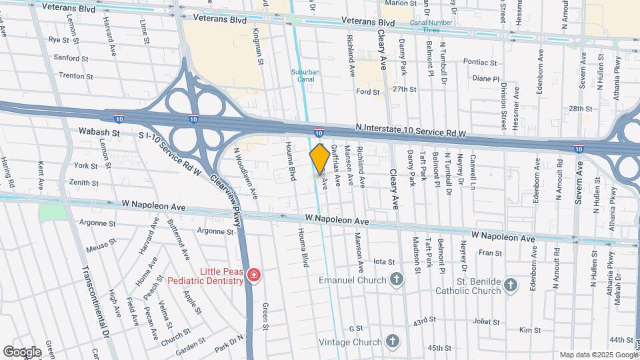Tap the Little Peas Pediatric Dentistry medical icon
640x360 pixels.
point(253,275)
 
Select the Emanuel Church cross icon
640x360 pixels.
point(397,280)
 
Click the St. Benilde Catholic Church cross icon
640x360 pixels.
point(511,285)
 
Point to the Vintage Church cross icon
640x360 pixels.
point(393,342)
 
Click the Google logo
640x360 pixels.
point(22,351)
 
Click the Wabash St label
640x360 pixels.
point(99,133)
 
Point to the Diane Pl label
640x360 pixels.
point(485,78)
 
